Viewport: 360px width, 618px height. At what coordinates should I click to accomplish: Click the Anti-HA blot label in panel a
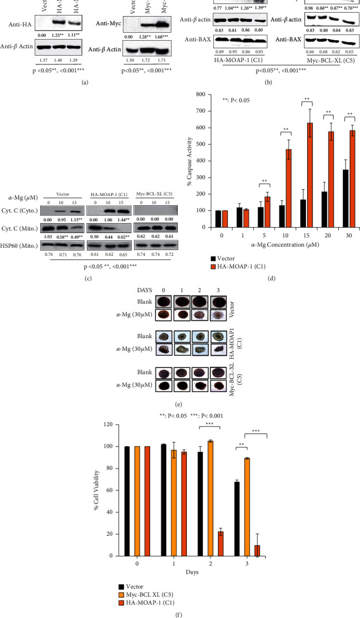coord(22,24)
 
